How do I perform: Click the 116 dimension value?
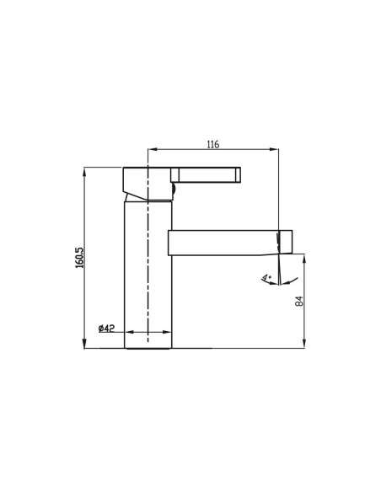coord(212,145)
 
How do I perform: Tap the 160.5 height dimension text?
coord(78,257)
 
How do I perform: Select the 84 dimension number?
coord(298,300)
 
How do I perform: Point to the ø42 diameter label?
coord(107,328)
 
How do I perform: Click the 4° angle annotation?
coord(266,277)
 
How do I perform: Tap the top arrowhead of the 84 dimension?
coord(304,255)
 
